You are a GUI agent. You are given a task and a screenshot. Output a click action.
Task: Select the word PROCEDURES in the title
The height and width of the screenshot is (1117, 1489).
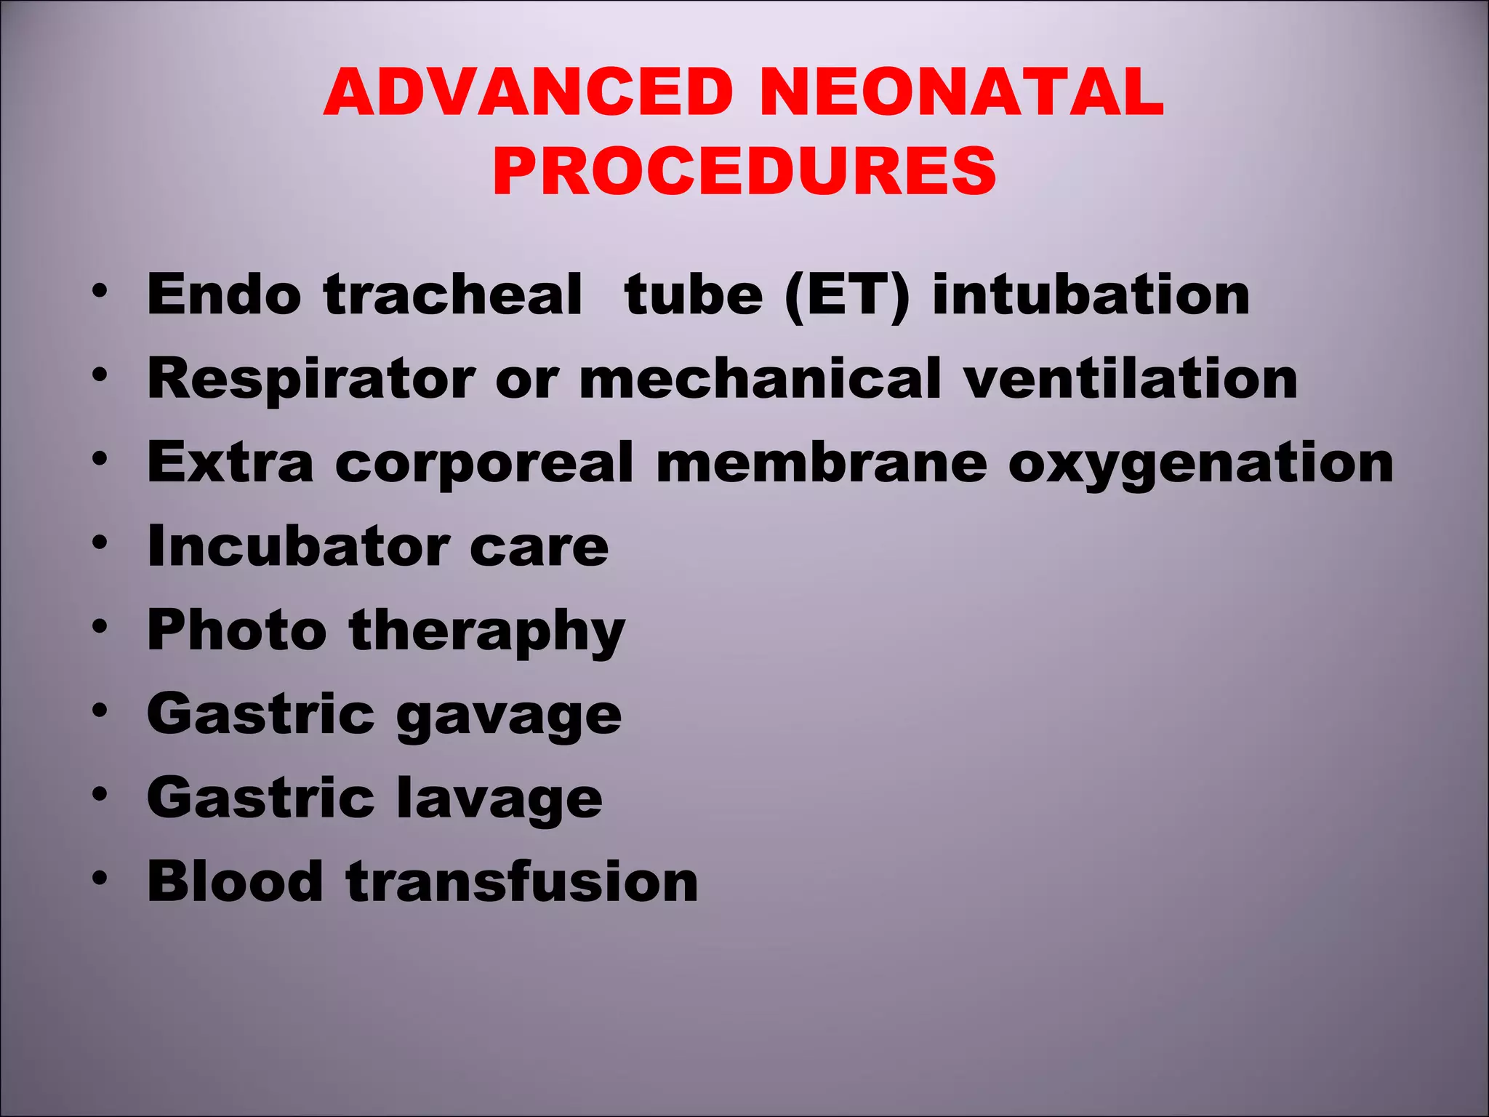[x=744, y=172]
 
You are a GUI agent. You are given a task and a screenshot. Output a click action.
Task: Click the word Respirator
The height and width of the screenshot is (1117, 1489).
[x=311, y=379]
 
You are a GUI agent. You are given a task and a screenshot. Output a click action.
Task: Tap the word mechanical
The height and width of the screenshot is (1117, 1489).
[x=760, y=379]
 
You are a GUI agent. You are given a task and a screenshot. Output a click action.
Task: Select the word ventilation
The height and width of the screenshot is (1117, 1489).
[x=1131, y=379]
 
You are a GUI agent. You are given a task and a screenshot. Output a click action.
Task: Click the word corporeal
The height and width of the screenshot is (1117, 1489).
[x=484, y=463]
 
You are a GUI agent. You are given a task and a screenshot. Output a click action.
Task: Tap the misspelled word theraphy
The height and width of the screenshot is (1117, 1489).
[x=487, y=632]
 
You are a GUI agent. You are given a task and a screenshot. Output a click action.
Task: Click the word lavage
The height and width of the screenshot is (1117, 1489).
[x=499, y=798]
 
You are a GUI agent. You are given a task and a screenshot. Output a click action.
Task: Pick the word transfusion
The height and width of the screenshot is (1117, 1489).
[x=522, y=881]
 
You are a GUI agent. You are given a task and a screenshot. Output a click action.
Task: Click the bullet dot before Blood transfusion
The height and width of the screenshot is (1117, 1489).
[x=100, y=878]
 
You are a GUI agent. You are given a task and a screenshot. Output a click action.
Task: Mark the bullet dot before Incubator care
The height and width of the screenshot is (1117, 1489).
[x=100, y=543]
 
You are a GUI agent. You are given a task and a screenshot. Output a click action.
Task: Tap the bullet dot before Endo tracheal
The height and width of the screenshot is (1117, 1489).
[x=100, y=291]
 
